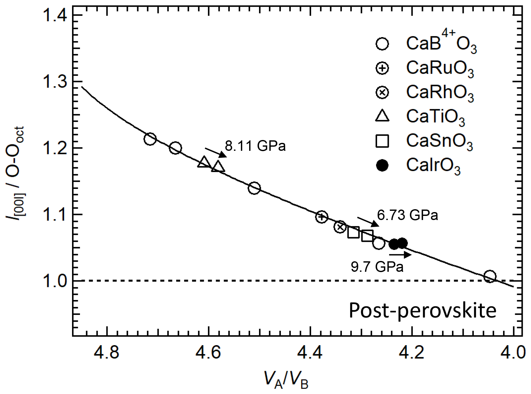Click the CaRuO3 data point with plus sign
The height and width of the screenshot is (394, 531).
point(322,217)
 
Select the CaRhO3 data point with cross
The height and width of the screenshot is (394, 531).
point(340,227)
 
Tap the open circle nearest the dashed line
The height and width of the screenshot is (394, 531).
point(490,276)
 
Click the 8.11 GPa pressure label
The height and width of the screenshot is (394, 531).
point(255,146)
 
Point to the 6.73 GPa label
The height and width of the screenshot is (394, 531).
point(407,215)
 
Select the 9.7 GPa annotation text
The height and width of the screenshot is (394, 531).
point(377,266)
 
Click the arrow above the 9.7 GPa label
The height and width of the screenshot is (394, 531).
point(400,255)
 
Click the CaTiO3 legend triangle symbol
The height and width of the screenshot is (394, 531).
point(382,116)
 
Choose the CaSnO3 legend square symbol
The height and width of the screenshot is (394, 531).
point(382,141)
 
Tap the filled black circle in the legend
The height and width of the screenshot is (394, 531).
point(382,165)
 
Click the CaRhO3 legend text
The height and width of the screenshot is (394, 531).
point(440,92)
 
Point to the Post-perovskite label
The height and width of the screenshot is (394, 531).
point(422,310)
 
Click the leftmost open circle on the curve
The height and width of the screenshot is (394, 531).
point(150,139)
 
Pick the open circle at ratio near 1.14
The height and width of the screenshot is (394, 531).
point(254,188)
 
